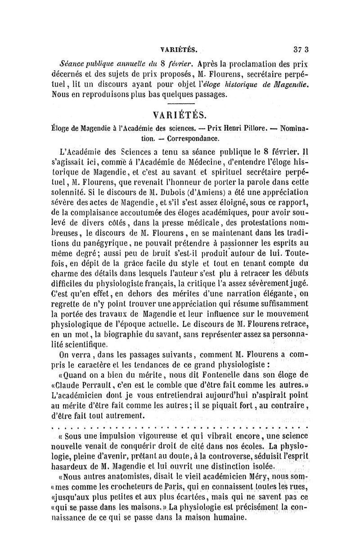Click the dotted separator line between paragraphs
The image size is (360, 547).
coord(180,425)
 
